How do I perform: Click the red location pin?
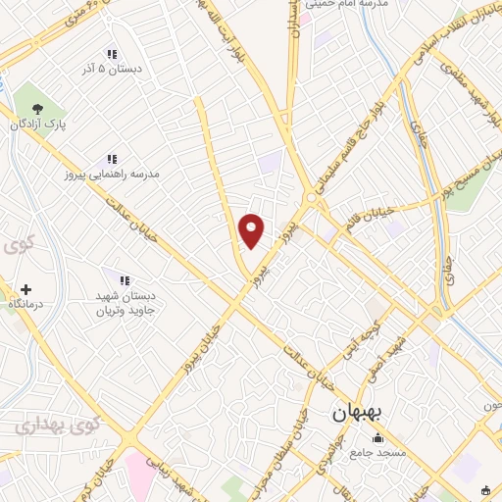tap(252, 229)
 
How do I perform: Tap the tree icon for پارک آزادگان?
tap(37, 109)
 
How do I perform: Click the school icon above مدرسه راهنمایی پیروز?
tap(112, 158)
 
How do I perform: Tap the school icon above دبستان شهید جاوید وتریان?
tap(122, 281)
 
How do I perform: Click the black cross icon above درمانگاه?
tap(25, 289)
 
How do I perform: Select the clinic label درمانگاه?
tap(25, 306)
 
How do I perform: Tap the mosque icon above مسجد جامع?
tap(377, 436)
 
